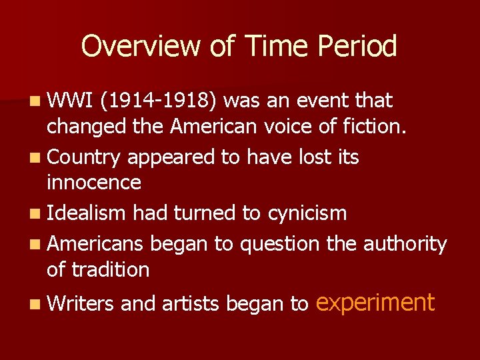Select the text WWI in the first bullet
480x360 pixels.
point(69,101)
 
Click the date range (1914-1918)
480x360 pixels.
point(157,101)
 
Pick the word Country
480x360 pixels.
point(84,157)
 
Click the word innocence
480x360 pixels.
point(94,183)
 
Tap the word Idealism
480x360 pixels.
point(87,213)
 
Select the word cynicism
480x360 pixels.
point(307,213)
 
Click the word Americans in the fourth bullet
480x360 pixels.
point(95,244)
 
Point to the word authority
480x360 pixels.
point(405,244)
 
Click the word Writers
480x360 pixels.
point(81,304)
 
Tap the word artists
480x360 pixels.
point(188,304)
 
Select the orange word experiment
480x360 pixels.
point(375,303)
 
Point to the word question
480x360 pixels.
point(280,245)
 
